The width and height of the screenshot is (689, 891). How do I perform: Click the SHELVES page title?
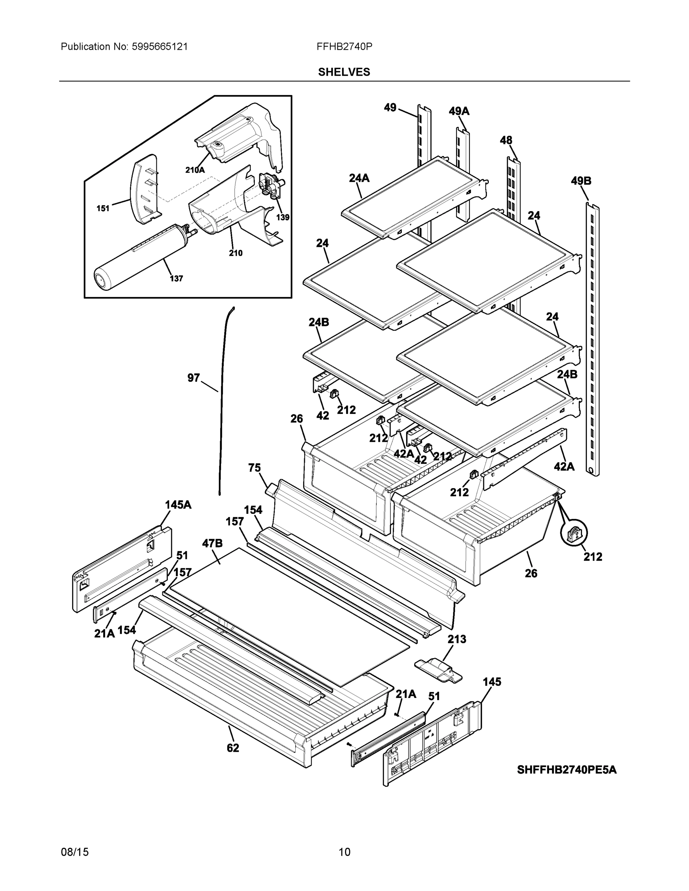344,72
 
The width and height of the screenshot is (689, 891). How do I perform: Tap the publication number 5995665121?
160,46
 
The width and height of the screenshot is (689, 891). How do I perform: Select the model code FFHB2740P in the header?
344,46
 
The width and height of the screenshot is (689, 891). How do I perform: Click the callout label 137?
176,279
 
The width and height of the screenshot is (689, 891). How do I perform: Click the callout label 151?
103,209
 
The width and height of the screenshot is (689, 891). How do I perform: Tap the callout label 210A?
195,170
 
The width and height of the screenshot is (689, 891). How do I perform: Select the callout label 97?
194,378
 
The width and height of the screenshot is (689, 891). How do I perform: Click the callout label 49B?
581,181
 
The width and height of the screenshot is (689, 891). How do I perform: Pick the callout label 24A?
359,178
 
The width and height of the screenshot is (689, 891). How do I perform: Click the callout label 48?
506,140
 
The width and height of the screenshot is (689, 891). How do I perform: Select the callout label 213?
457,639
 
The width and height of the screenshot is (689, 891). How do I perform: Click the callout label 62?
233,748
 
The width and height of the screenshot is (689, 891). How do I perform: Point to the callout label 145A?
178,505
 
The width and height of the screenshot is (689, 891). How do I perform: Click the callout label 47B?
212,544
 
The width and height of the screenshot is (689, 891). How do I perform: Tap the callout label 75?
254,467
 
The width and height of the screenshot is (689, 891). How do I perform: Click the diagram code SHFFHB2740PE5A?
566,770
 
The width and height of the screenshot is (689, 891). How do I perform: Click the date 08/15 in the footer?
75,852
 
